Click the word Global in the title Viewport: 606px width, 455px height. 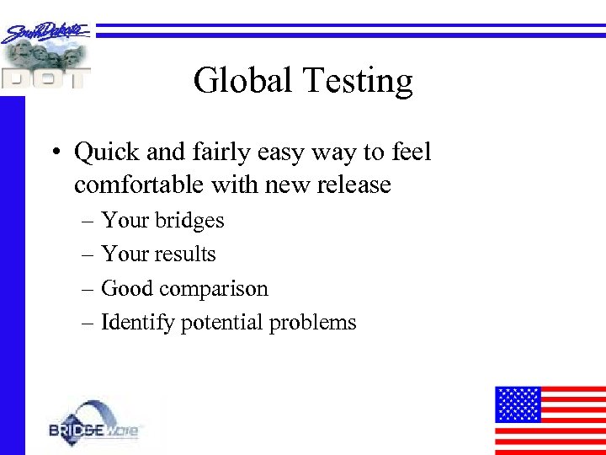coord(239,81)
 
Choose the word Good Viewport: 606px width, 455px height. coord(129,288)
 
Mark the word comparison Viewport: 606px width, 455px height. coord(215,290)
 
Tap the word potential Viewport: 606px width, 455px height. coord(221,323)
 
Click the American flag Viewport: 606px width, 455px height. coord(550,420)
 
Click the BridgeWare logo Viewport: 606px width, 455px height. coord(96,425)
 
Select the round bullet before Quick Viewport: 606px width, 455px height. coord(54,153)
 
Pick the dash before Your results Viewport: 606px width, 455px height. coord(89,254)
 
